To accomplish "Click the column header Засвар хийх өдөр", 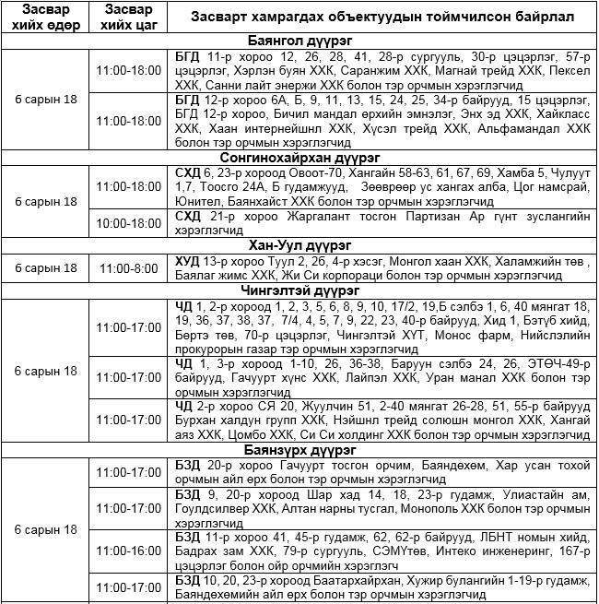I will coord(44,18).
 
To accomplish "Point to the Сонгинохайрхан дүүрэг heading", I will coord(299,158).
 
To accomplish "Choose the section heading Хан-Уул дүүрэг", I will coord(299,245).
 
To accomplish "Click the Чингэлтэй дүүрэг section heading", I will coord(299,290).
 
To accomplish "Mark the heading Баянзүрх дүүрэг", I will coord(299,450).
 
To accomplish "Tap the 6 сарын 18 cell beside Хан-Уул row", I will coord(44,267).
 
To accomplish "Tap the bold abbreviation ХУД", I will coord(187,261).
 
